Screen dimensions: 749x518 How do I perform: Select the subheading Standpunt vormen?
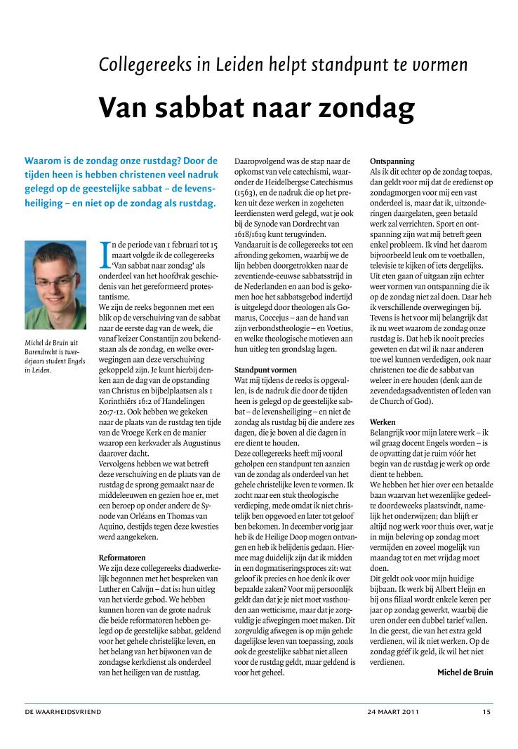coord(265,369)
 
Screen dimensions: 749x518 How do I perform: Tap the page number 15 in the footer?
coord(486,711)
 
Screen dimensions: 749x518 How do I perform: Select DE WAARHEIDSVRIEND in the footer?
coord(63,711)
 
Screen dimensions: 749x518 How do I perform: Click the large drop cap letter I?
coord(105,250)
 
